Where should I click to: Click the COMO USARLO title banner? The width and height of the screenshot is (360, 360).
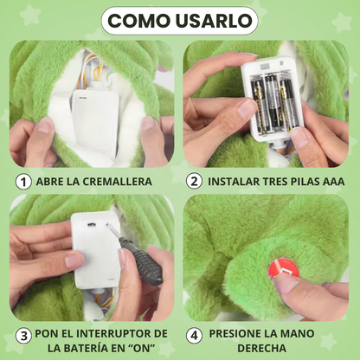[x=179, y=20]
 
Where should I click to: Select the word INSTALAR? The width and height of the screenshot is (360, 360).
[x=237, y=182]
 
